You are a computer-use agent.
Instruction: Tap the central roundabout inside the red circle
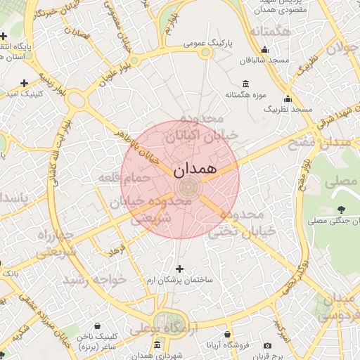click(188, 188)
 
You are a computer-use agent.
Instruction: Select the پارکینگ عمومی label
click(208, 44)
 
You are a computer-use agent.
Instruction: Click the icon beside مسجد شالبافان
click(264, 50)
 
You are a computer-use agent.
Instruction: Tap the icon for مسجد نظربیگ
click(288, 98)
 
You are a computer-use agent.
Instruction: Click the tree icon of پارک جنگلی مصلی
click(341, 210)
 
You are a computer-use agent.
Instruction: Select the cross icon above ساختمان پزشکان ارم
click(179, 269)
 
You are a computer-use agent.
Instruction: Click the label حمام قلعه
click(126, 178)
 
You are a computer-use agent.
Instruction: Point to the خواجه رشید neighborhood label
click(95, 280)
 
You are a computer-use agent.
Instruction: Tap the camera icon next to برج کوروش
click(267, 345)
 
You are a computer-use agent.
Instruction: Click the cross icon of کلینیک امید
click(25, 83)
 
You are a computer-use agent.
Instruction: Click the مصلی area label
click(341, 181)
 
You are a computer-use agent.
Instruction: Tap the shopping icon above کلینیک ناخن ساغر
click(96, 326)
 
